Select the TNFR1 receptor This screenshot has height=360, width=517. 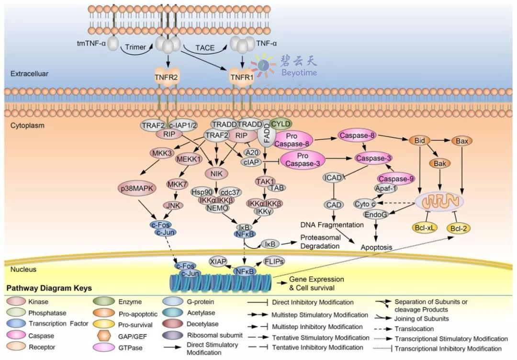tap(242, 78)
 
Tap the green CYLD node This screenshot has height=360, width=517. tap(281, 124)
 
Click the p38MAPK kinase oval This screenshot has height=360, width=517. tap(137, 189)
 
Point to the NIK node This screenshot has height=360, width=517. tap(216, 173)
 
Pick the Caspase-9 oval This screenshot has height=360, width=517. tap(396, 179)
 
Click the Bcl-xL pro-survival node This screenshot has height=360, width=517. tap(425, 227)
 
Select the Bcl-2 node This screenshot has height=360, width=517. tap(459, 228)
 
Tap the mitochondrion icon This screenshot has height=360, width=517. tap(439, 202)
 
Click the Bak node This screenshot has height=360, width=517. tap(440, 164)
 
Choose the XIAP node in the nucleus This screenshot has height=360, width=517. tap(218, 262)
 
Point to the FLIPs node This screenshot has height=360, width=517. tap(274, 262)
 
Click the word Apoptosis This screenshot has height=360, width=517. tap(376, 247)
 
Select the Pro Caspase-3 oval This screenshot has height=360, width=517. tap(303, 159)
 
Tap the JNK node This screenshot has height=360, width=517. tap(173, 205)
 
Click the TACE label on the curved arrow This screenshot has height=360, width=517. tap(205, 48)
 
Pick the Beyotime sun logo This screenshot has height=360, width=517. tap(263, 66)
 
